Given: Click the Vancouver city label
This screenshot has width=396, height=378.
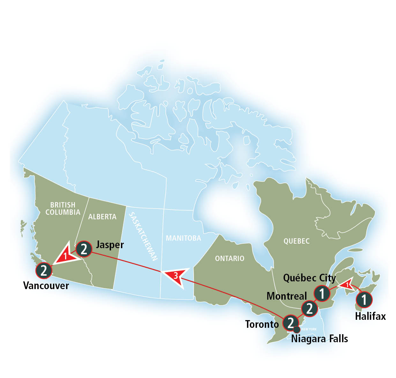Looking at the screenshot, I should coord(46,285).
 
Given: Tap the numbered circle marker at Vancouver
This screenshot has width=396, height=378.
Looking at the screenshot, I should coord(44,270).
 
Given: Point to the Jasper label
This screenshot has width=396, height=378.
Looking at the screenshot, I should coord(110,245).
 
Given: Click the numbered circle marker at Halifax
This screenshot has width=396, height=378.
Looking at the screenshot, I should coord(364,300).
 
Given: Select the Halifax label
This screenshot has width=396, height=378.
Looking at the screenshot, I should coord(370,316).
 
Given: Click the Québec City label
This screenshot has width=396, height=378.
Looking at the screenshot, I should coord(309,278).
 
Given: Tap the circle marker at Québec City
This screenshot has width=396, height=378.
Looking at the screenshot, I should coord(322,293).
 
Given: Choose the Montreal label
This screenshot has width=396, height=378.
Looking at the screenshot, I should coord(287,296).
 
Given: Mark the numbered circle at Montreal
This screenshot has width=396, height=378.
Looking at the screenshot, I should coord(310,308).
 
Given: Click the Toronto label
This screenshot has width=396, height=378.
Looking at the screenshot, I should coord(262,324).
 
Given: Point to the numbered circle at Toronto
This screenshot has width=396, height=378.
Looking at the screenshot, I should coord(290,322).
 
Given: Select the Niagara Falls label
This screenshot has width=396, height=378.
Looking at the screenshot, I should coord(319,339).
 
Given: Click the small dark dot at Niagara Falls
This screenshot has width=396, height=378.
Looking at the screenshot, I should coord(297,329).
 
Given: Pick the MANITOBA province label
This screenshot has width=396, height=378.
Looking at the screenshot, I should coord(183,238).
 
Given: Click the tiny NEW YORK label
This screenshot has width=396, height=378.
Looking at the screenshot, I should coord(309,329).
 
